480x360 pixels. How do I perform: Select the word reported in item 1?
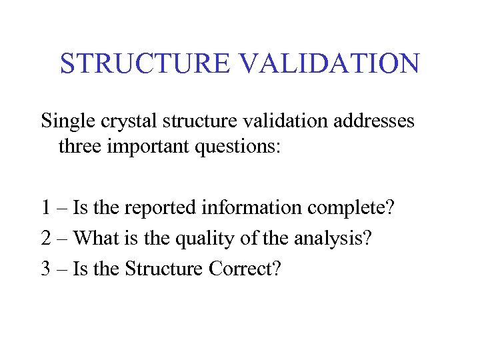point(147,208)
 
